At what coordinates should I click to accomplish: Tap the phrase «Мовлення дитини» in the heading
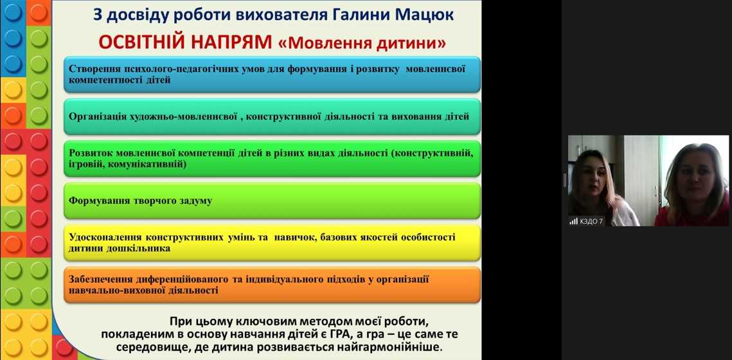362,43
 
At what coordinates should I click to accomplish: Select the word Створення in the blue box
93,67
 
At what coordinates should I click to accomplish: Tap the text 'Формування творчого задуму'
140,201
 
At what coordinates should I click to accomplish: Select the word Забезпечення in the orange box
101,279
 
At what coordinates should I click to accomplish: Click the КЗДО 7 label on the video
592,221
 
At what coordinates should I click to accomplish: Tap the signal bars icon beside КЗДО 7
573,221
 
